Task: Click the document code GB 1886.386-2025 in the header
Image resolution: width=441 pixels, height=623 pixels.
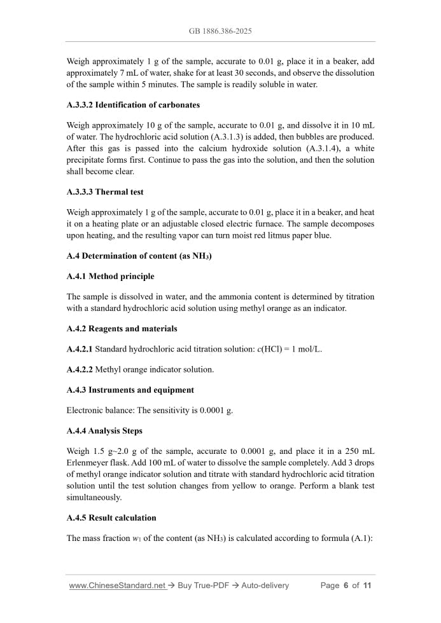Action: click(x=220, y=31)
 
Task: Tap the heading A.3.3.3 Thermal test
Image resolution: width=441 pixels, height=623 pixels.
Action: click(x=105, y=192)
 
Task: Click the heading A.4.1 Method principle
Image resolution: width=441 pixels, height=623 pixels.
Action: click(x=110, y=276)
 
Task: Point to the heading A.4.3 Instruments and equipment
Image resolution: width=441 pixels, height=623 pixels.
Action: click(x=130, y=390)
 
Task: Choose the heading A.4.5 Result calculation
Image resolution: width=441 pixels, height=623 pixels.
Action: click(x=111, y=517)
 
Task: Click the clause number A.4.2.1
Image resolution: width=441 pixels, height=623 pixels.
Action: click(x=80, y=349)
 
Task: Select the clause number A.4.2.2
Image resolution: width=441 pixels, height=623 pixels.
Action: click(x=80, y=369)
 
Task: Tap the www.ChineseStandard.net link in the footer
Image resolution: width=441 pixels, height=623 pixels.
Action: click(x=117, y=585)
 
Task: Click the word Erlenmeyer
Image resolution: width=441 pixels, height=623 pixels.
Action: click(x=88, y=463)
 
